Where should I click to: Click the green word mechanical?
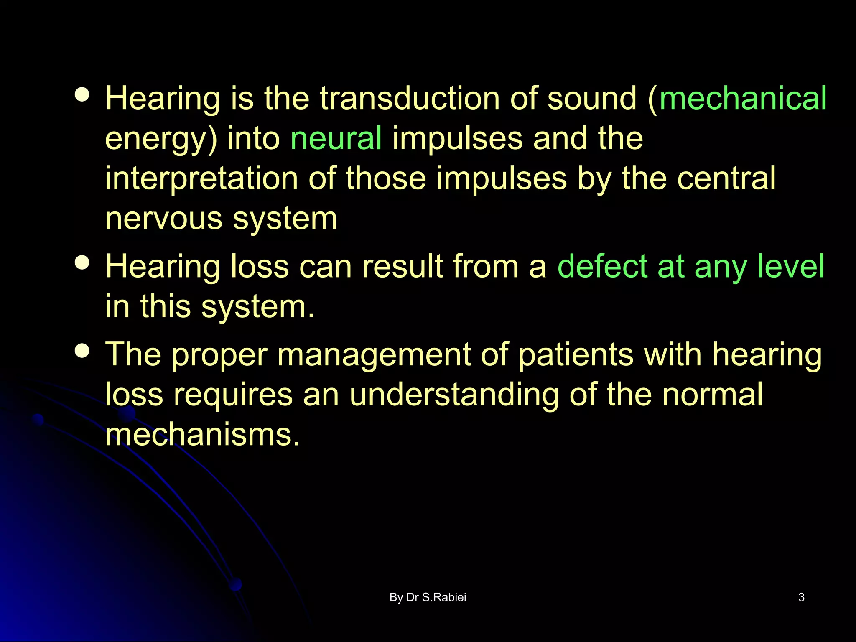[x=743, y=99]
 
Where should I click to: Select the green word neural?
[x=336, y=138]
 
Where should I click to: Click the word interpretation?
[x=201, y=178]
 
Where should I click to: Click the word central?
[x=726, y=178]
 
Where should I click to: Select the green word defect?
[x=602, y=266]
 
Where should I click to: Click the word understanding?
[x=454, y=395]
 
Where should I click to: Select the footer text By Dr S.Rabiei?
[x=428, y=597]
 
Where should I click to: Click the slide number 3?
[x=801, y=597]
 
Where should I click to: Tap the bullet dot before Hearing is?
[x=82, y=94]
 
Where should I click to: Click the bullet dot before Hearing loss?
[x=82, y=263]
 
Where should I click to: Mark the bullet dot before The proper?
[x=82, y=351]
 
